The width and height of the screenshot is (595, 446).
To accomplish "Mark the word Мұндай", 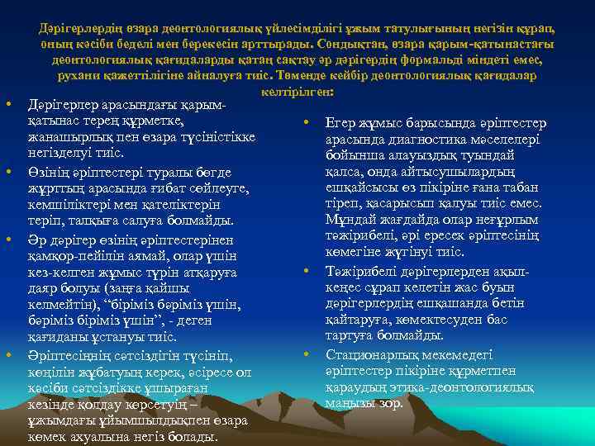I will [x=351, y=221].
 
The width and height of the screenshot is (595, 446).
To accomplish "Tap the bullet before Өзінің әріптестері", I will [x=7, y=171].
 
